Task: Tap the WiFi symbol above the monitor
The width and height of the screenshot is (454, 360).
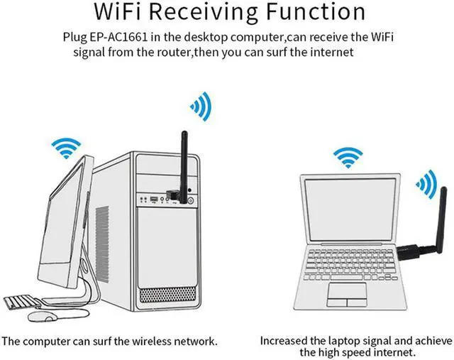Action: (69, 148)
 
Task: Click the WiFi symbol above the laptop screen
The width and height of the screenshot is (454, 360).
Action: (348, 156)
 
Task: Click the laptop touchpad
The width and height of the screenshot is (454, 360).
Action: (348, 292)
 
